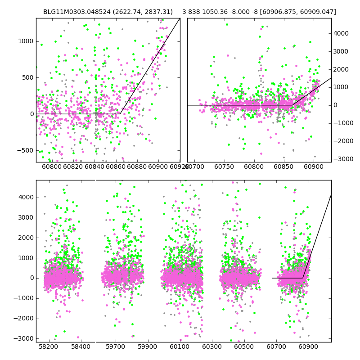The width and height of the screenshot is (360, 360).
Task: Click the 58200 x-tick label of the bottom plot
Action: [49, 347]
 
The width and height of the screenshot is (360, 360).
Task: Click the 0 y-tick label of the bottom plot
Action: [31, 278]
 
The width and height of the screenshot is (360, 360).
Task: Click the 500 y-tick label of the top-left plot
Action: [27, 77]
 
